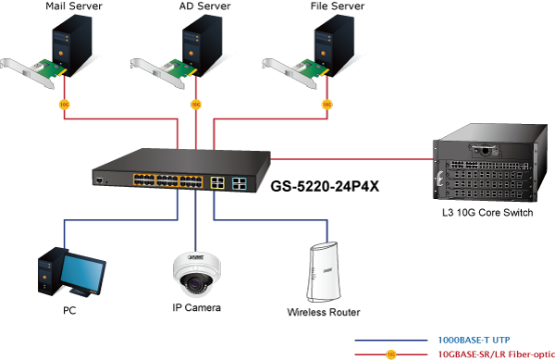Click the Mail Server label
[74, 6]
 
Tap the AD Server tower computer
[202, 45]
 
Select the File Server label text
[337, 6]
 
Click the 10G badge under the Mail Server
[64, 105]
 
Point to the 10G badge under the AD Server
[196, 105]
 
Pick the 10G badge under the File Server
[327, 105]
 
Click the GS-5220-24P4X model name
[325, 186]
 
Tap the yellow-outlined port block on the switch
[217, 182]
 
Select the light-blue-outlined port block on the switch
[240, 184]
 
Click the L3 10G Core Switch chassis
[490, 163]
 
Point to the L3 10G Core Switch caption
[487, 212]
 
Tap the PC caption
[69, 310]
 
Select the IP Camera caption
[196, 307]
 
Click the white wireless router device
[324, 272]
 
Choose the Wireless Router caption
[324, 312]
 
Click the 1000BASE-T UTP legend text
[474, 341]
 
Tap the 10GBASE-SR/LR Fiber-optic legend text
[496, 354]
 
